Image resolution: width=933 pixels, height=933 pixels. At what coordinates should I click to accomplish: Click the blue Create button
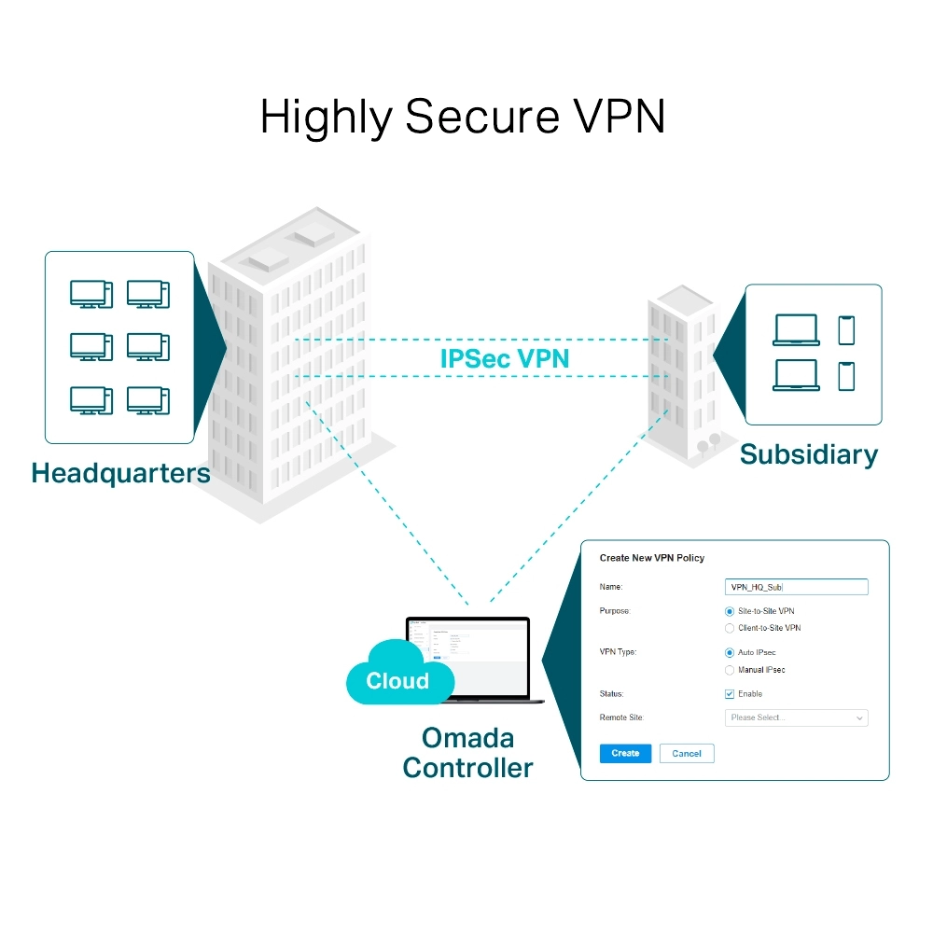tap(625, 753)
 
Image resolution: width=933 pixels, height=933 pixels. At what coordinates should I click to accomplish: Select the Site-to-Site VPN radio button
tap(730, 611)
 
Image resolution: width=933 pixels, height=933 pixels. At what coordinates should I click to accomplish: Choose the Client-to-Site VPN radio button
tap(730, 628)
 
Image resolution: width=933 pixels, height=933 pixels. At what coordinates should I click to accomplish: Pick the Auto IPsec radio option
tap(730, 652)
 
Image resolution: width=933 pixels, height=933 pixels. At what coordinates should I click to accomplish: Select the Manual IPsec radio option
tap(730, 670)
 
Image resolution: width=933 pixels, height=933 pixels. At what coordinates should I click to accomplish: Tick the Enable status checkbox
tap(730, 694)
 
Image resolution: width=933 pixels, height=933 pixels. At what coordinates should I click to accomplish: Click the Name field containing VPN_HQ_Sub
tap(796, 587)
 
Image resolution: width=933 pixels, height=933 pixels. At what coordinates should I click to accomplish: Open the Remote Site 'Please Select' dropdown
tap(796, 717)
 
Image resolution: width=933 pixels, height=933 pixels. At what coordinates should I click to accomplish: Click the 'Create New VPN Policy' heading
tap(651, 558)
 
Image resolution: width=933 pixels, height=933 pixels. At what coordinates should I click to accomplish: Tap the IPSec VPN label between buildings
tap(504, 358)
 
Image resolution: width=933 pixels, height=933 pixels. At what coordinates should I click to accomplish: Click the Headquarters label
tap(120, 473)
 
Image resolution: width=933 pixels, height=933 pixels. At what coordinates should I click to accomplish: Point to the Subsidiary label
tap(808, 454)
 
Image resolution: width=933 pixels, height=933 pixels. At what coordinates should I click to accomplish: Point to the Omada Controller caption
tap(467, 752)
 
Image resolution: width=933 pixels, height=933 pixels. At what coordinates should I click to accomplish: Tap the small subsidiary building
tap(681, 373)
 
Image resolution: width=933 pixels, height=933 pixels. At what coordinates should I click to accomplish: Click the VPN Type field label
tap(618, 652)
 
